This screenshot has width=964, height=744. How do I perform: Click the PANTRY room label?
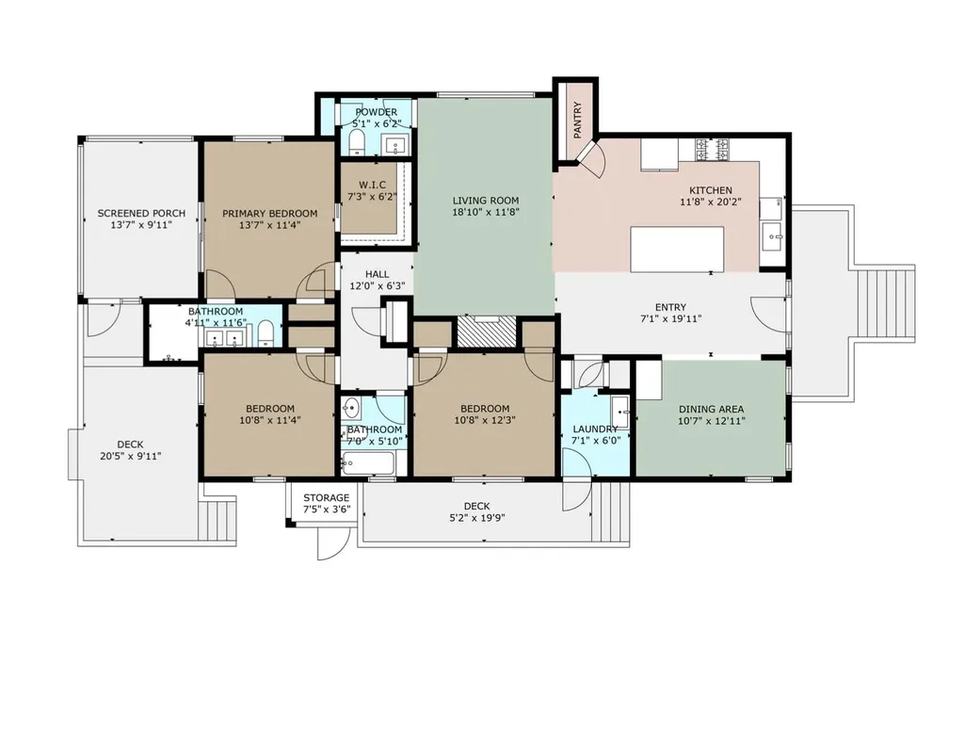[578, 120]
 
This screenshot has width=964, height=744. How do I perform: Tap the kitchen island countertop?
[677, 249]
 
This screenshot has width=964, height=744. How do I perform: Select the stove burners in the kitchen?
[712, 148]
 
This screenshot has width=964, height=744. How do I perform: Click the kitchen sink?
[772, 236]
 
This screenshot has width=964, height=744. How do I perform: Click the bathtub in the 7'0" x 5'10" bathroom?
[368, 463]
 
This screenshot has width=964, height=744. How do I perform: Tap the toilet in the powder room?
[357, 142]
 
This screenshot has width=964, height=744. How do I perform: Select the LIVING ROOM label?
[486, 201]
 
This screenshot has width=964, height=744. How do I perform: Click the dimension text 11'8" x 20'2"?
[711, 202]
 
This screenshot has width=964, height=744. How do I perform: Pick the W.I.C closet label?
[373, 186]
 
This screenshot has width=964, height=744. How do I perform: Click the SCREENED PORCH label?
[141, 214]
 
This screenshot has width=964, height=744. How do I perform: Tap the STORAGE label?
[327, 497]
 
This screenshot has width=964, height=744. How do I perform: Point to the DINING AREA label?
[712, 409]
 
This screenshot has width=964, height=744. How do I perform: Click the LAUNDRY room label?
[595, 429]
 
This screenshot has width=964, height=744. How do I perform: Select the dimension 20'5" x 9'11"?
[130, 456]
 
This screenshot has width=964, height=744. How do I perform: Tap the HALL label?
[377, 274]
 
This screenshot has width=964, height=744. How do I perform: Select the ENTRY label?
[670, 307]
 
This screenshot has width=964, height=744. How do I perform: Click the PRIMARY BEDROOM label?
[270, 214]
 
